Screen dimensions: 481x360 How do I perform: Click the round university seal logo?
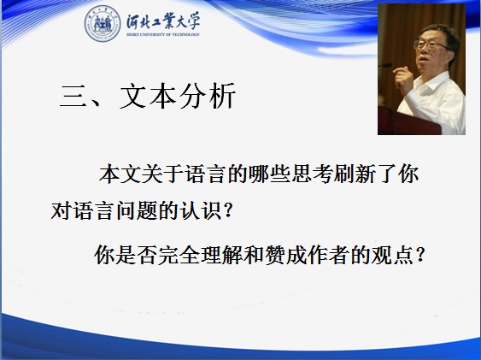(x=103, y=24)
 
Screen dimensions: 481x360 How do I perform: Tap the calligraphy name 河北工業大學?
(x=163, y=21)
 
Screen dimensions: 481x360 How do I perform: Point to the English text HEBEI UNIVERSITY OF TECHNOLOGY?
(x=163, y=34)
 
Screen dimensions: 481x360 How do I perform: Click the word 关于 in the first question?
(x=163, y=174)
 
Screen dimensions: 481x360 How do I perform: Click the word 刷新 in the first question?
(x=355, y=174)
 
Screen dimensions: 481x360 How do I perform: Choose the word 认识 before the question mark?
(x=201, y=211)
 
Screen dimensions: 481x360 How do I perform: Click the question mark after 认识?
(x=228, y=211)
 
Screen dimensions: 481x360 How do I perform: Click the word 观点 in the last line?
(x=393, y=255)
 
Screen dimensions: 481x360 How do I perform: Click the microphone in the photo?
(x=385, y=65)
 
